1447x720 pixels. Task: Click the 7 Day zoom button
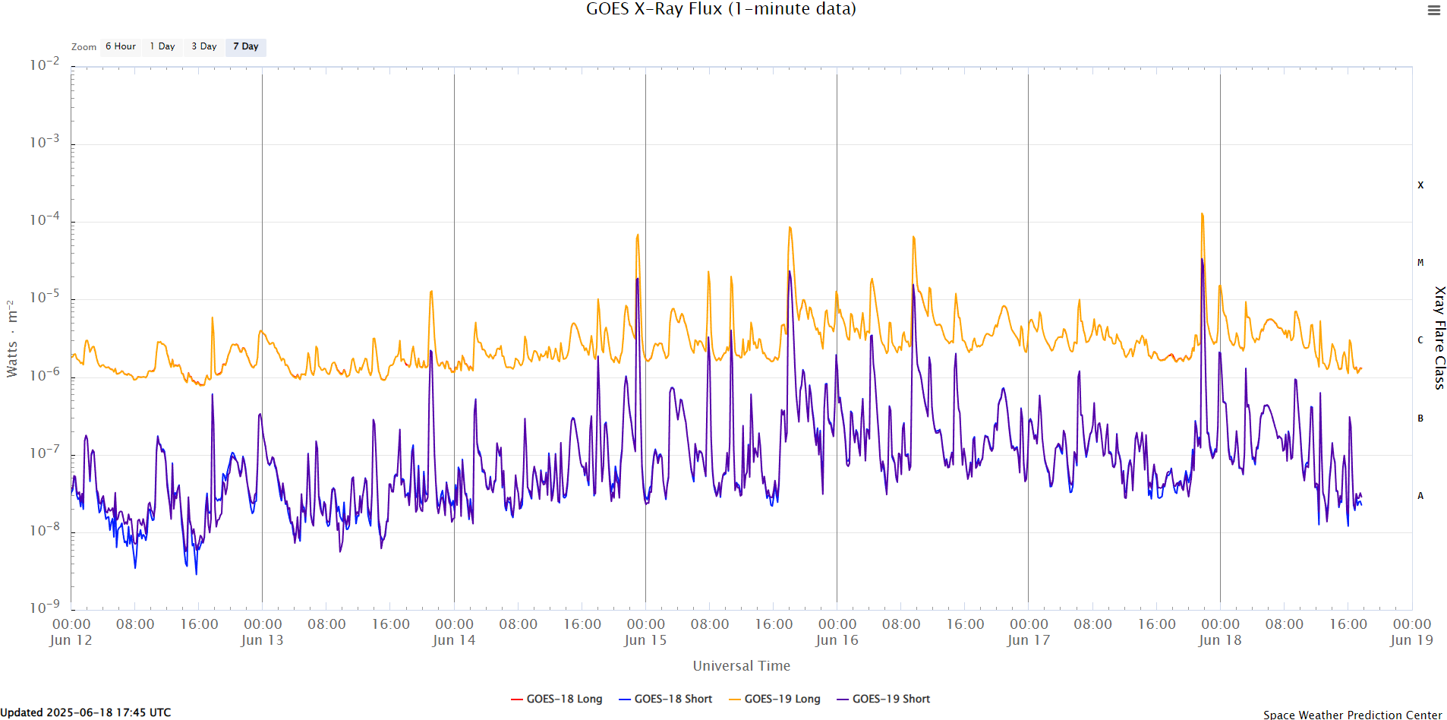tap(245, 47)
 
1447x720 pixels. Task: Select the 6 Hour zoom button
tap(121, 47)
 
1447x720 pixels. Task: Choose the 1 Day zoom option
tap(162, 47)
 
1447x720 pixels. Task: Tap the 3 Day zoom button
tap(204, 47)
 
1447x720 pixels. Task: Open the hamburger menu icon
tap(1433, 11)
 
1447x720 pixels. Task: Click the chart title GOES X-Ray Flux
tap(720, 9)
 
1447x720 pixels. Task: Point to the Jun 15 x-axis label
tap(645, 640)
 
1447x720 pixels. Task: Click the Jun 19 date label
tap(1411, 640)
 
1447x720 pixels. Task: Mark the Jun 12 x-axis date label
tap(71, 640)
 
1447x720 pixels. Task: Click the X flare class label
tap(1420, 185)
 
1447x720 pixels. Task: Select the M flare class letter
tap(1420, 263)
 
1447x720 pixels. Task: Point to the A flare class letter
tap(1420, 496)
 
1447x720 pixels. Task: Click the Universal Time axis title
tap(741, 666)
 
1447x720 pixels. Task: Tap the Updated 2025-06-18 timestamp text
tap(86, 712)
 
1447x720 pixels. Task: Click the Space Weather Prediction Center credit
tap(1352, 714)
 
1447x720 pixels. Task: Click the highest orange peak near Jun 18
tap(1202, 214)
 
